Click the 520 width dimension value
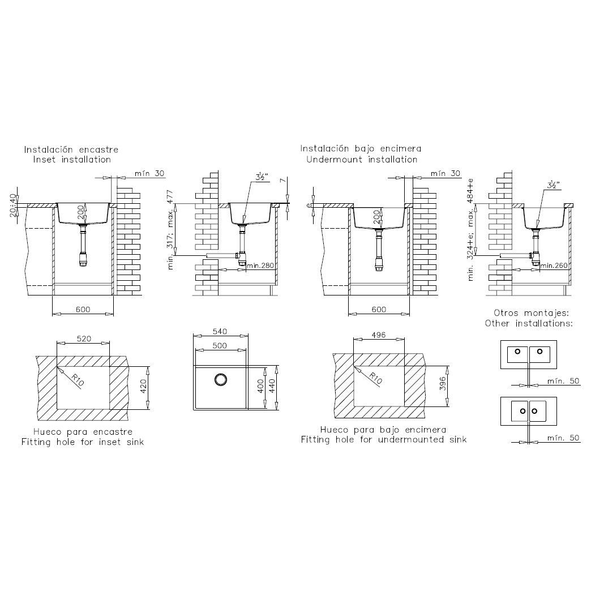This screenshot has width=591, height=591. coord(84,339)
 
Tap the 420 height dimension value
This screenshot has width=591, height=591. coord(143,386)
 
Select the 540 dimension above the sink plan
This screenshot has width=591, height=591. coord(220,331)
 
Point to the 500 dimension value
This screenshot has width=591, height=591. coord(220,346)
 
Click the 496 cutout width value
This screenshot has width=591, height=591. coord(378,335)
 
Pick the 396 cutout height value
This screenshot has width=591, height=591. coord(443,383)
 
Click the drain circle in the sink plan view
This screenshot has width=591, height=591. coord(221,379)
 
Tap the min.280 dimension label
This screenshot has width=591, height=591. coord(260,265)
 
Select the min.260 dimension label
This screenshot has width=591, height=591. coord(554,265)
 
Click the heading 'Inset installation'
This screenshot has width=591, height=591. coord(72,160)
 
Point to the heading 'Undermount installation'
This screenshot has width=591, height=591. coord(362,160)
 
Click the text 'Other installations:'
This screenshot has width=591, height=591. coord(529,323)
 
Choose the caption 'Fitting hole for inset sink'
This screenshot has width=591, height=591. coord(83,442)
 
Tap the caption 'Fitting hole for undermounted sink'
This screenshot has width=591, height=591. coord(384,439)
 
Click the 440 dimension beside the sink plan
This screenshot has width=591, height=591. coord(272,386)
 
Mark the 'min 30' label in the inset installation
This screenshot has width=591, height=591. coord(149,173)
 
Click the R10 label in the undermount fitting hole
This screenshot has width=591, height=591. coord(375,378)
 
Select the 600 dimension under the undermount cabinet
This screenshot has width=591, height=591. coord(379,310)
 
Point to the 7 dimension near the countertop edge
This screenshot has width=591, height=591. coord(282,181)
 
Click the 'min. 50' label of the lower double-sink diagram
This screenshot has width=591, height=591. coord(563,438)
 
